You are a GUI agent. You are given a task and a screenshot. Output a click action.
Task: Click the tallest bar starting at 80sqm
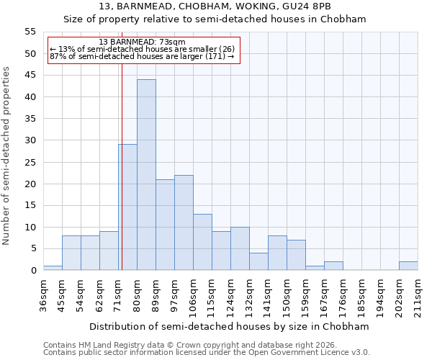click(146, 175)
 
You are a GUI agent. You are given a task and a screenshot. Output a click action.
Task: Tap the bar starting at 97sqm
click(184, 222)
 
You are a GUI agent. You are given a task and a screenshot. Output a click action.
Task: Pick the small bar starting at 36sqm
click(53, 268)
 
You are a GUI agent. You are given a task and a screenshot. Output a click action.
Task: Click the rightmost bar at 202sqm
click(408, 266)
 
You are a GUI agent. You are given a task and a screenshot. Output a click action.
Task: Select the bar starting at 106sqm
click(202, 242)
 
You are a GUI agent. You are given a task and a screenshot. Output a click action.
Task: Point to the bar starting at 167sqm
click(333, 266)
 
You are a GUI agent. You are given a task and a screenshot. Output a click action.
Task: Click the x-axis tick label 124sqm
click(231, 294)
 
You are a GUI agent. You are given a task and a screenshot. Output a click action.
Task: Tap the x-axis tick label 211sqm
click(418, 294)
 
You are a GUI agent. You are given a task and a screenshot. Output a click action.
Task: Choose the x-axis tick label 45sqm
click(63, 294)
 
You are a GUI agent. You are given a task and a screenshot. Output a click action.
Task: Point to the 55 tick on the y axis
click(30, 32)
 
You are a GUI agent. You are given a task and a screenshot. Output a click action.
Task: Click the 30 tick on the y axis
click(30, 140)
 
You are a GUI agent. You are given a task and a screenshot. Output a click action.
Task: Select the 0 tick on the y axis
click(33, 271)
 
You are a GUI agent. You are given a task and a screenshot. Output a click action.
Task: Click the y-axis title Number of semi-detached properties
click(6, 156)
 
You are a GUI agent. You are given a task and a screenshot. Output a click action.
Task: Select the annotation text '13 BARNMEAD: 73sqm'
click(142, 42)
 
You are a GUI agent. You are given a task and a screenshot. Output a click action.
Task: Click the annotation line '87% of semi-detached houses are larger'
click(142, 56)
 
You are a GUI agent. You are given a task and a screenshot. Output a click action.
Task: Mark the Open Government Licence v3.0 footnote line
click(207, 353)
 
